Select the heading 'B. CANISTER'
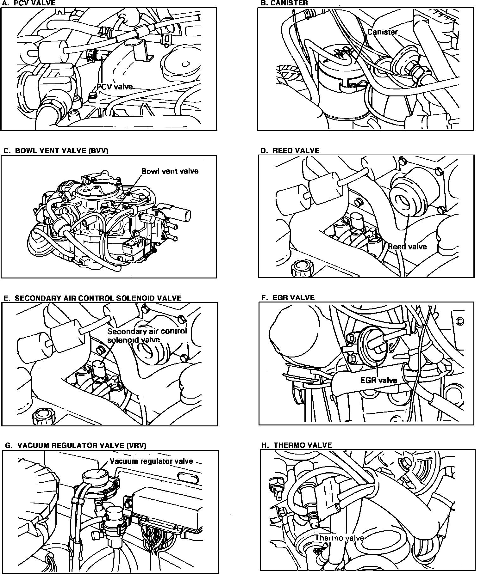coord(284,3)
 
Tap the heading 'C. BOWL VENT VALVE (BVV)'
coord(56,150)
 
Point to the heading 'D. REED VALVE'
coord(290,150)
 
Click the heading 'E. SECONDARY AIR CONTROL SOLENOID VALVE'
coord(92,298)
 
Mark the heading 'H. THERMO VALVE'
coord(297,445)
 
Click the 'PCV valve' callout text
coord(115,87)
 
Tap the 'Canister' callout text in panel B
coord(382,32)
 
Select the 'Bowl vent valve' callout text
coord(170,171)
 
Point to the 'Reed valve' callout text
coord(407,247)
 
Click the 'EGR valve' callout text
coord(379,380)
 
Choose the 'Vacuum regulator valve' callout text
coord(151,461)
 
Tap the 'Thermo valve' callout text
coord(339,538)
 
